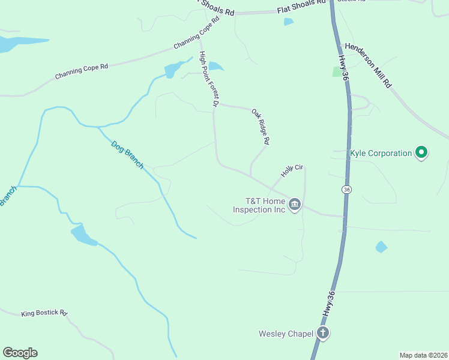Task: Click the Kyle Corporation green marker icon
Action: coord(421,153)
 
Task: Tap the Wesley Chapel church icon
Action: coord(323,333)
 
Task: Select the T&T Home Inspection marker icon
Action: coord(295,205)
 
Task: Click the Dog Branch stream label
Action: coord(127,154)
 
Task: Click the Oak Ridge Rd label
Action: coord(261,127)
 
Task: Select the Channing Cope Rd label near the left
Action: coord(82,72)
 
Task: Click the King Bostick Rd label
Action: coord(44,313)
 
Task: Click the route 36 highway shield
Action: coord(346,190)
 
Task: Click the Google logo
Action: coord(20,353)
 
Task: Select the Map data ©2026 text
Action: coord(423,355)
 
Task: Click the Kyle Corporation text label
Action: coord(381,153)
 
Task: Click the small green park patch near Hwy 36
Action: coord(336,71)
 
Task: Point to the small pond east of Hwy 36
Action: coord(381,247)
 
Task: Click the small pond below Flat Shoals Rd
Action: coord(289,22)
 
